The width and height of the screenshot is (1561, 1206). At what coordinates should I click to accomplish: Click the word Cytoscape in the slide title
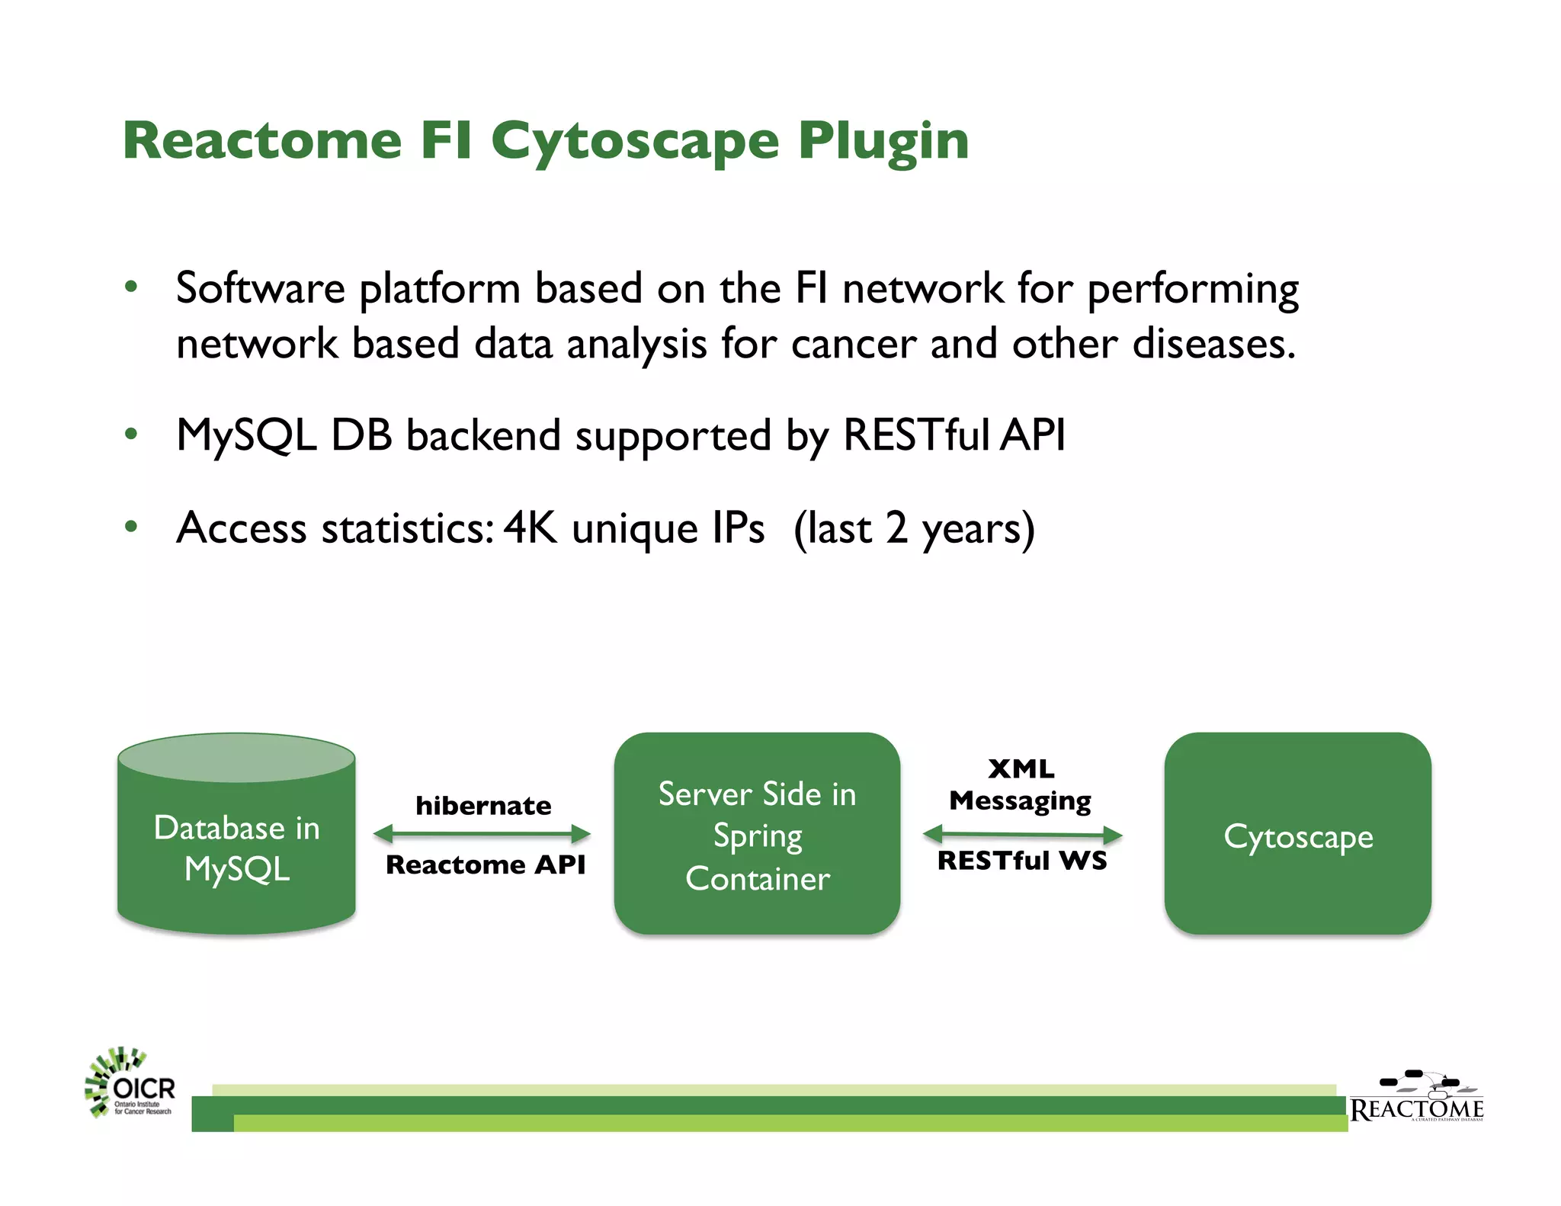[x=634, y=142]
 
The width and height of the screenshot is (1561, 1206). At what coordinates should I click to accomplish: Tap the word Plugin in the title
[x=883, y=142]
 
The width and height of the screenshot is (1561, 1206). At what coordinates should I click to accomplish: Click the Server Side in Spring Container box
[x=757, y=835]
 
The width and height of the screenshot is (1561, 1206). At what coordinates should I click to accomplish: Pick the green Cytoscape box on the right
[x=1297, y=835]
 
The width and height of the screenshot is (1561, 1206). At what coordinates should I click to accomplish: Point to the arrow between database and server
[x=482, y=834]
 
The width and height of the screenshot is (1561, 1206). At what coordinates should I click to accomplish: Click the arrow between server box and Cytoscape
[x=1022, y=835]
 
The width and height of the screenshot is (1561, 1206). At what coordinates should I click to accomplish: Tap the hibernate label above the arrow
[x=483, y=806]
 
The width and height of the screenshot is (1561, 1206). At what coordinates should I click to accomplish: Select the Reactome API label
[x=486, y=864]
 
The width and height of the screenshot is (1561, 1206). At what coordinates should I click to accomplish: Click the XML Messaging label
[x=1021, y=784]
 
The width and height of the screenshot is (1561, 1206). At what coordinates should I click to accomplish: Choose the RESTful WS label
[x=1021, y=861]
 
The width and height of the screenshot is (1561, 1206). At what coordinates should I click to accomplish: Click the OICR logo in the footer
[x=130, y=1084]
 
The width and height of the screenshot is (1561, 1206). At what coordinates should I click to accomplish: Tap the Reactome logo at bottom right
[x=1416, y=1098]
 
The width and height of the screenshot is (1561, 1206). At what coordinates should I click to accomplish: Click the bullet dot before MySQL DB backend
[x=131, y=435]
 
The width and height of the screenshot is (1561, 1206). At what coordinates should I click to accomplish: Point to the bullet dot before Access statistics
[x=131, y=527]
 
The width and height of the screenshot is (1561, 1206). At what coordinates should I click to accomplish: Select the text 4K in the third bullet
[x=530, y=528]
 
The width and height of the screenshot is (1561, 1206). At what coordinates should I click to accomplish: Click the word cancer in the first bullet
[x=853, y=344]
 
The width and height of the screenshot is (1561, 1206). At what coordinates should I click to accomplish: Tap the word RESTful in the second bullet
[x=915, y=435]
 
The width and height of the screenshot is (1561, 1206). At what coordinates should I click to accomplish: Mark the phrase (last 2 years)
[x=914, y=528]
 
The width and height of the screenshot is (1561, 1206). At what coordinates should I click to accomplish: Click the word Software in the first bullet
[x=260, y=289]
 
